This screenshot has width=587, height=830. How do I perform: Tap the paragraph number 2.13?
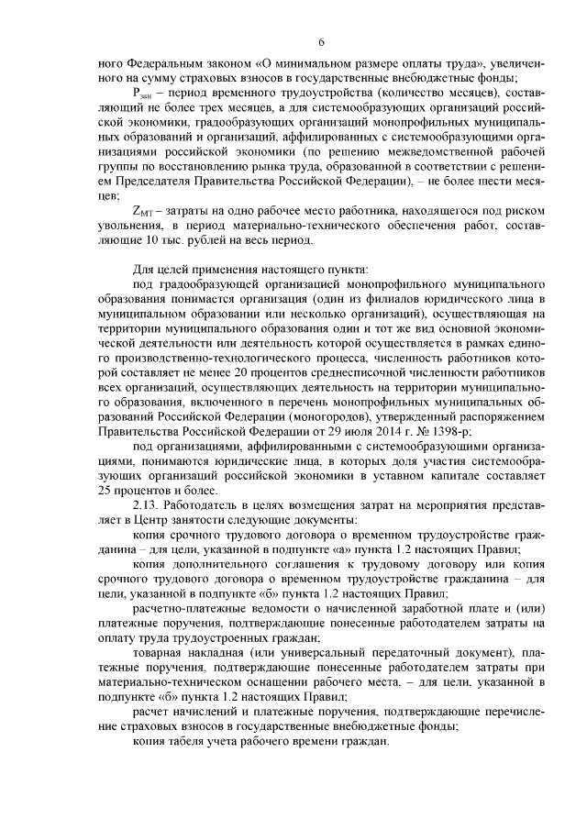(149, 505)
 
